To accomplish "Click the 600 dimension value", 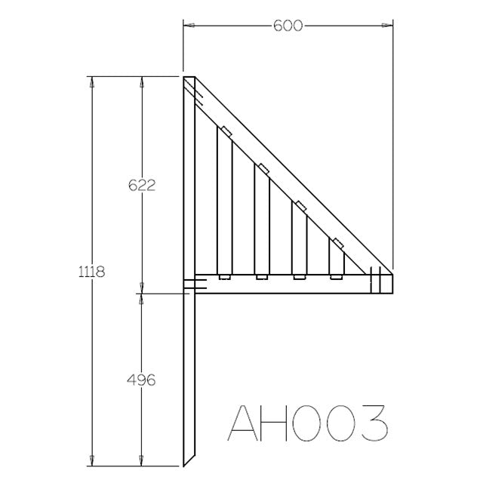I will [288, 26].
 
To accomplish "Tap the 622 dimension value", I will [141, 183].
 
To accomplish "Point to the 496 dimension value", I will [141, 380].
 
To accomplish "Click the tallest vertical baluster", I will [223, 200].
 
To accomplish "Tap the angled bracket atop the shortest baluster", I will [337, 242].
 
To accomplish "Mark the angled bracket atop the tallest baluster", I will [225, 129].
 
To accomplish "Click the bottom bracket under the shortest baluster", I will [336, 277].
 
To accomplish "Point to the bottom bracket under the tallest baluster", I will [223, 277].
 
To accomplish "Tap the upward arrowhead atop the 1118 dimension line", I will [93, 81].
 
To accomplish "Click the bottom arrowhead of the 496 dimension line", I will [141, 461].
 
